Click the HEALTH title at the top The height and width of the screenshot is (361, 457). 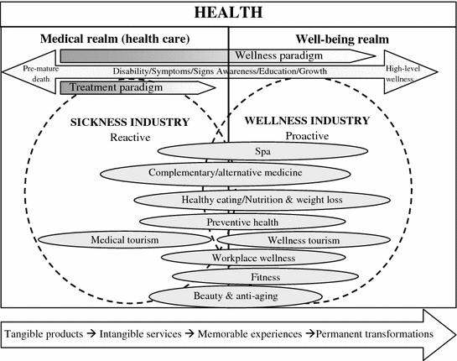228,13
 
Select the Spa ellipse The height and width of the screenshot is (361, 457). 262,151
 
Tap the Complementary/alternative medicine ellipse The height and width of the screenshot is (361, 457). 226,173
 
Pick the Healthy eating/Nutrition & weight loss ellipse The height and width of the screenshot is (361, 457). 262,200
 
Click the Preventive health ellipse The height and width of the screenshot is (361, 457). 242,222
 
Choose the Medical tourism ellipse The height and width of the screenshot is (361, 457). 124,240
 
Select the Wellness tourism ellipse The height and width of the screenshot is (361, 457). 304,240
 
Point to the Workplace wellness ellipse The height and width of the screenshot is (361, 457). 253,258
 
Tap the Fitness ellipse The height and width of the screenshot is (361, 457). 265,276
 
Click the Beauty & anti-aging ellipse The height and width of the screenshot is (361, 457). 236,296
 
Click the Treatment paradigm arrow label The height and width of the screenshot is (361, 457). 116,87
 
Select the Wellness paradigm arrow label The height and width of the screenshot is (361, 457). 278,55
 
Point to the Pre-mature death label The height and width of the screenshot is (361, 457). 41,74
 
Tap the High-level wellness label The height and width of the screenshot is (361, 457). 402,74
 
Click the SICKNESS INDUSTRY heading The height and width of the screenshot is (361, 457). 130,123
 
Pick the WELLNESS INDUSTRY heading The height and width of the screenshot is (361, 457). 307,121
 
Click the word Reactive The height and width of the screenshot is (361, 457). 130,138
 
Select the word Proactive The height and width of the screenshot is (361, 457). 307,136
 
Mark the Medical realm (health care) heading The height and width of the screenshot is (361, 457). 115,39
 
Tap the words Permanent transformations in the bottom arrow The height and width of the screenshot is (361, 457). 375,333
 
